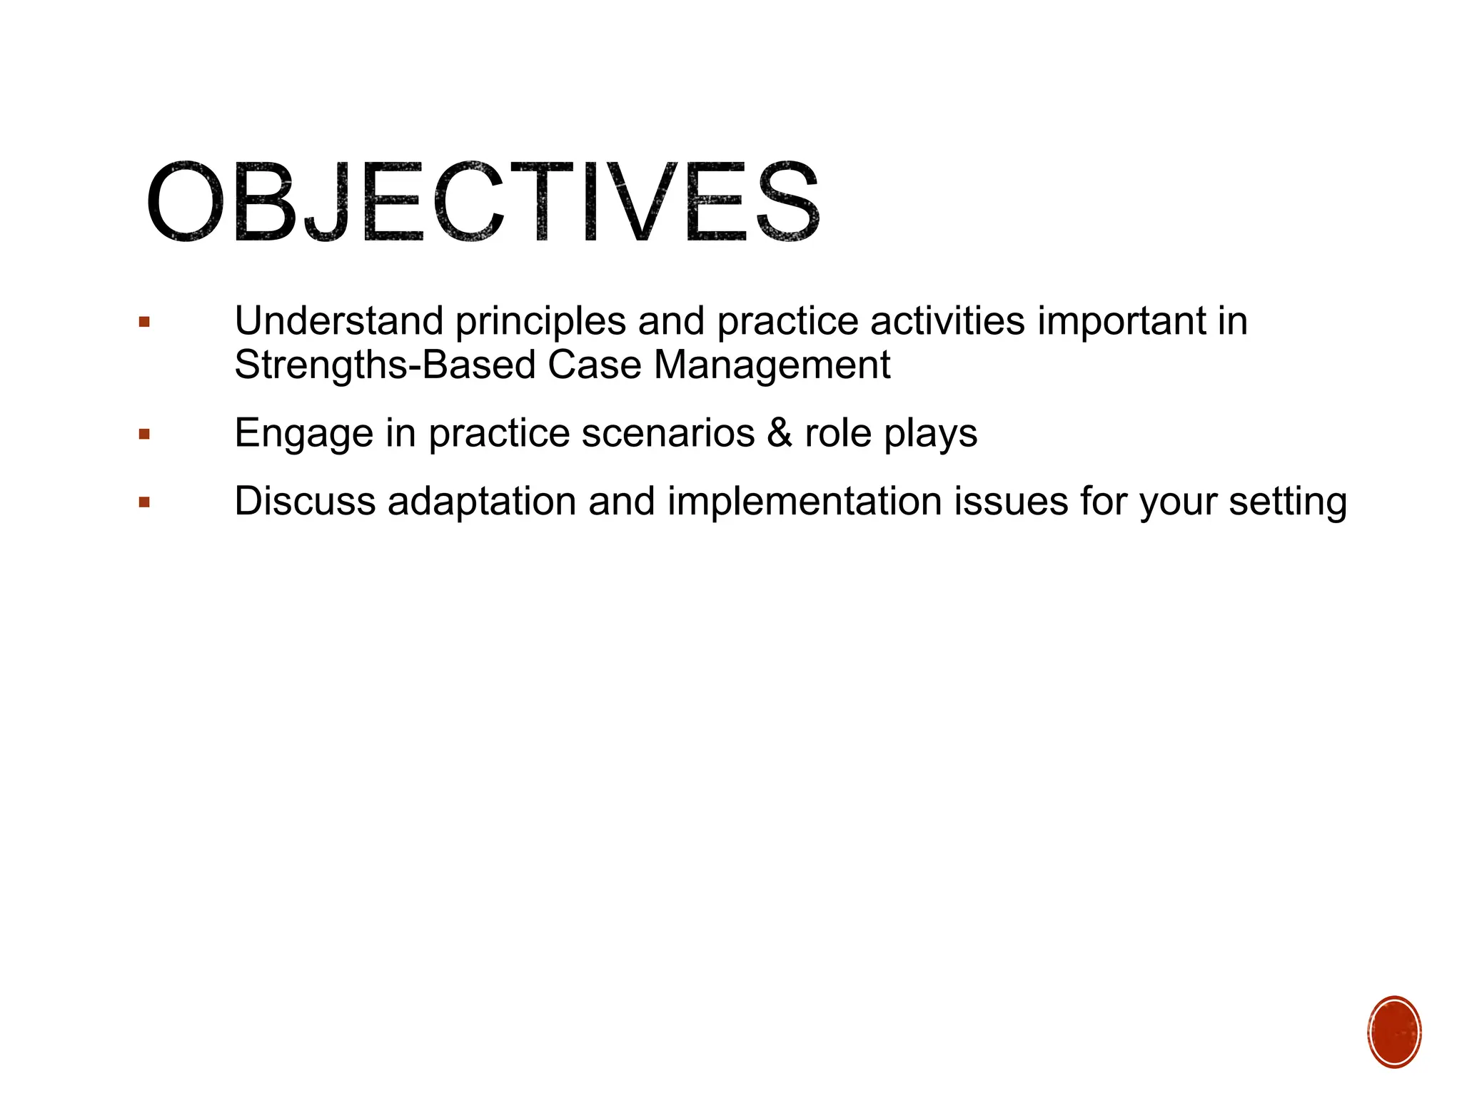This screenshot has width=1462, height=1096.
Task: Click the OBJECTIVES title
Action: point(483,202)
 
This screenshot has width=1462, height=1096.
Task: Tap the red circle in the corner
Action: point(1394,1032)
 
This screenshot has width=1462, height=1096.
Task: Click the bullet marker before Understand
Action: point(145,323)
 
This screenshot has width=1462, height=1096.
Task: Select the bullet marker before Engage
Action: point(145,434)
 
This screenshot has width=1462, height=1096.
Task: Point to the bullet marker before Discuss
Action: point(145,502)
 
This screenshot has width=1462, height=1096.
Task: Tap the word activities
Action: point(947,321)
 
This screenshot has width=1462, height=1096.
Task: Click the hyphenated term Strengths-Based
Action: point(385,365)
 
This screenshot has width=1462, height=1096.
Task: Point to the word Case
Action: point(595,365)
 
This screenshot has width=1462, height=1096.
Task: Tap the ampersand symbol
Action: point(780,433)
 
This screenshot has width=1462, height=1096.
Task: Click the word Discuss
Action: point(305,501)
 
